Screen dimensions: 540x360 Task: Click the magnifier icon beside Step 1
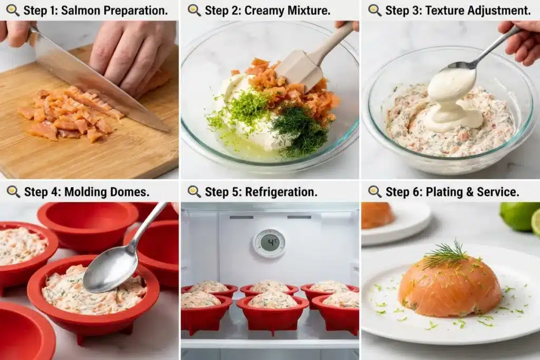(x=13, y=11)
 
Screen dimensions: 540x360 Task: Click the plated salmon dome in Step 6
(x=449, y=285)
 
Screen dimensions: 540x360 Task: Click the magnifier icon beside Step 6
(x=375, y=192)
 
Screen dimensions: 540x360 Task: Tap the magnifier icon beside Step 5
(x=194, y=192)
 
